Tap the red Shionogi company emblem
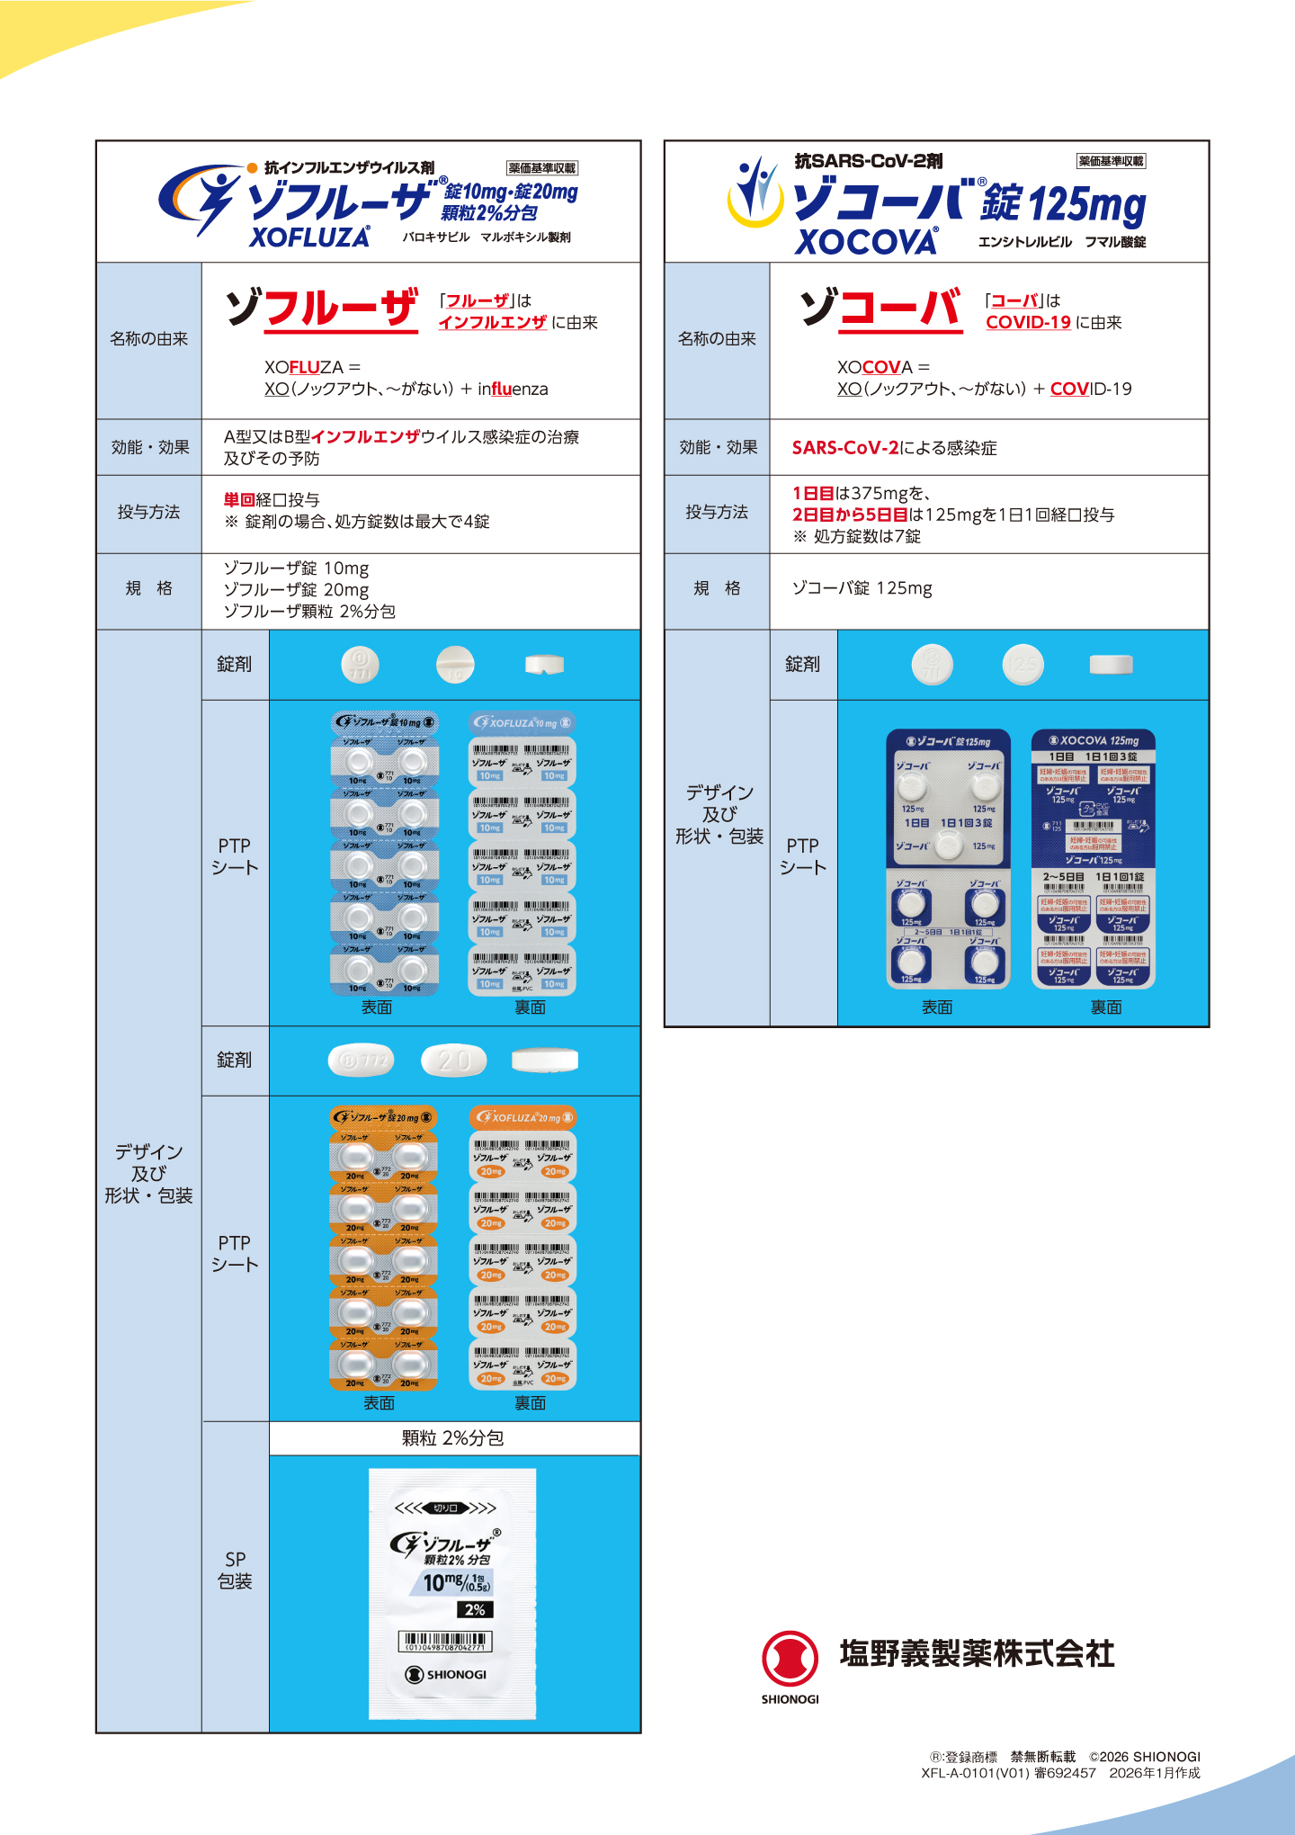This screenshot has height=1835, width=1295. tap(790, 1659)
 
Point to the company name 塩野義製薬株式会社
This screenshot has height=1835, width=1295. tap(977, 1653)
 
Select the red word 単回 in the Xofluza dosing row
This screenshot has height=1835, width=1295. tap(239, 499)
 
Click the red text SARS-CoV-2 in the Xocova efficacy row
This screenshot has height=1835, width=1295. tap(844, 448)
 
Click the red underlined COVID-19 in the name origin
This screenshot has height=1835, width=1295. tap(1028, 323)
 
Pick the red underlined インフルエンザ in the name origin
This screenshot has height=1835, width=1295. tap(492, 323)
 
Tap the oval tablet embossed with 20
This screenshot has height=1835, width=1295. tap(454, 1061)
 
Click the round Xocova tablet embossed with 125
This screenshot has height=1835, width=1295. tap(1023, 665)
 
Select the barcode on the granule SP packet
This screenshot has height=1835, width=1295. tap(445, 1642)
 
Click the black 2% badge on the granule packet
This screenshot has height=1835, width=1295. tap(475, 1609)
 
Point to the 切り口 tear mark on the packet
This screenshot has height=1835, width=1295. tap(445, 1508)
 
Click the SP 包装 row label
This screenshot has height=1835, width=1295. tap(235, 1571)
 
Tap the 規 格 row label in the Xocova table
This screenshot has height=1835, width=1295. tap(717, 588)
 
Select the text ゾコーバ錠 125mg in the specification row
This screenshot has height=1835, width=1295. tap(862, 588)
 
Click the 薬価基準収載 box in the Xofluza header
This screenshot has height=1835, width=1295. tap(541, 168)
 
